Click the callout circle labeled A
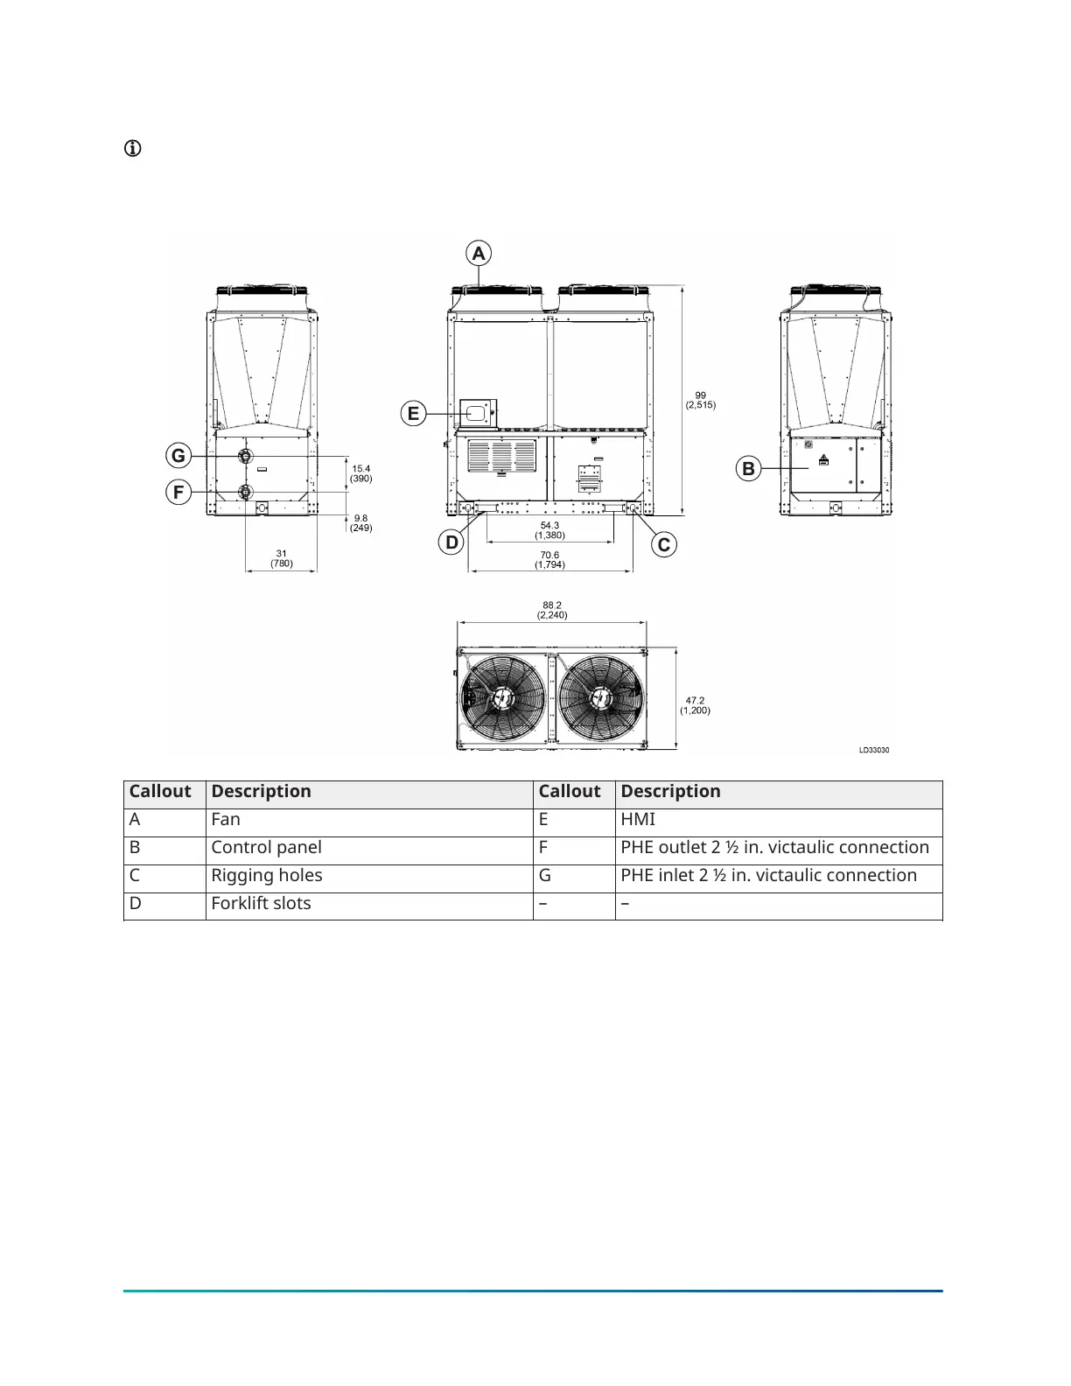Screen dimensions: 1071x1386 coord(479,254)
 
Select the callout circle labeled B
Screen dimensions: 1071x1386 coord(748,469)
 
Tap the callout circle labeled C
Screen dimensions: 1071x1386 coord(664,545)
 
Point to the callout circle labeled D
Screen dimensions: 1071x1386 coord(451,542)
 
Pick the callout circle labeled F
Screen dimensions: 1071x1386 coord(178,493)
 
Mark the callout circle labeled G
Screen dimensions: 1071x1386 coord(178,455)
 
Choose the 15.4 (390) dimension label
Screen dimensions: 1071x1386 coord(361,473)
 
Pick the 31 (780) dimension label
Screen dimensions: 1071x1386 coord(281,558)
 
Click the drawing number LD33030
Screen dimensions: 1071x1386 coord(873,750)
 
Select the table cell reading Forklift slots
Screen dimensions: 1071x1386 coord(261,903)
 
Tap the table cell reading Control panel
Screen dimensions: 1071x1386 coord(266,847)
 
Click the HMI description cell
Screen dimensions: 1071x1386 coord(638,819)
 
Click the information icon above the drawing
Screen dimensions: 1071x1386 coord(132,148)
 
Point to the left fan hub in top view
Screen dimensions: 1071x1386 coord(502,697)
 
